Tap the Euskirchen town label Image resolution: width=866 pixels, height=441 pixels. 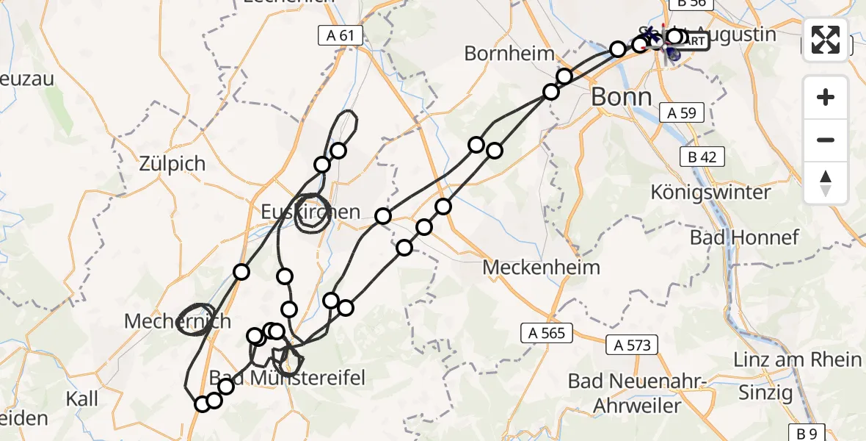tap(311, 212)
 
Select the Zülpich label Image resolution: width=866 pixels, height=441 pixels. tap(172, 163)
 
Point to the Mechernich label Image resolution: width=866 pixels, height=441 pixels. tap(178, 321)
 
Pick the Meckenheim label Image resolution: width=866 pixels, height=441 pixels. tap(541, 268)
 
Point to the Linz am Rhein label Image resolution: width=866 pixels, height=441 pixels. tap(798, 359)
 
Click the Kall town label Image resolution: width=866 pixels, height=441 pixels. tap(81, 399)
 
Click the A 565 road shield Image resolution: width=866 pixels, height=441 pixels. tap(547, 333)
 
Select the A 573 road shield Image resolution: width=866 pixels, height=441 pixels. tap(632, 345)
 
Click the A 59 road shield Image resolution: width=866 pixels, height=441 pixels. tap(682, 113)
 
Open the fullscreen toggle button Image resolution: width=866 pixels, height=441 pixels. tap(826, 40)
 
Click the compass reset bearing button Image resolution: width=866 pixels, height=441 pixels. tap(826, 183)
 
